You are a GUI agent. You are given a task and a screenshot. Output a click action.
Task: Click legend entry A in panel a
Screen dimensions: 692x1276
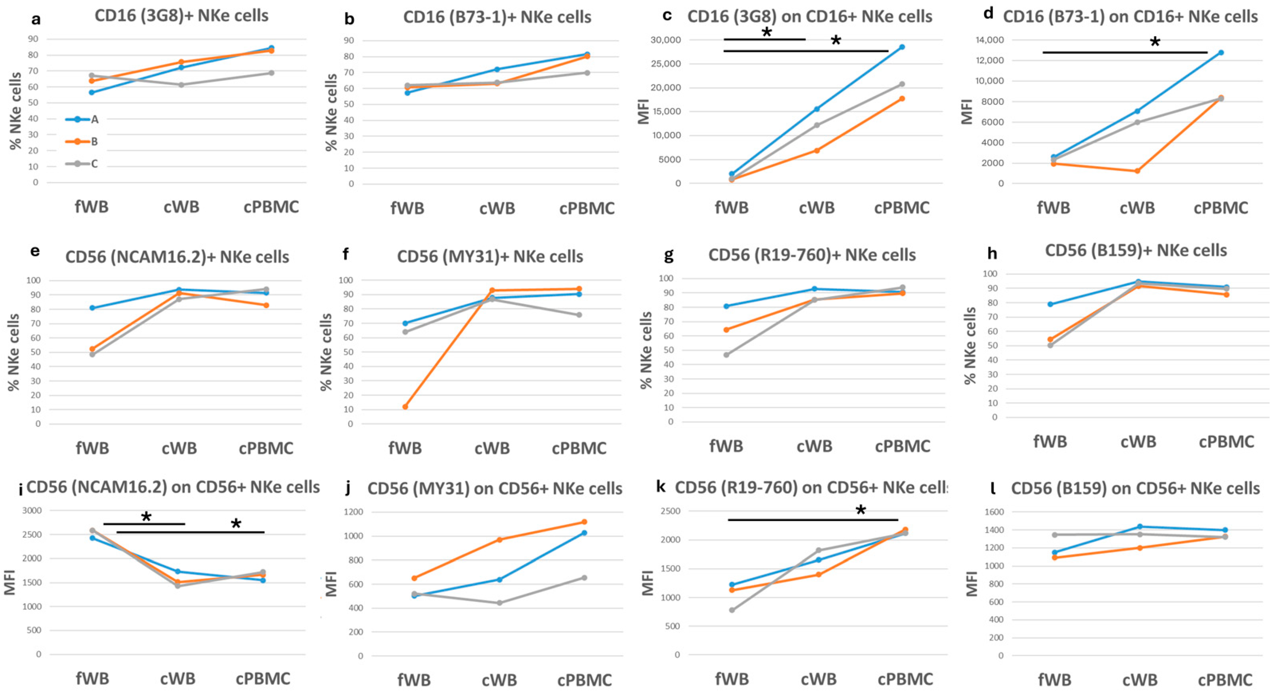tap(94, 119)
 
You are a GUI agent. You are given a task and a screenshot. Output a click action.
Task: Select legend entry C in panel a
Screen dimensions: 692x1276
tap(94, 163)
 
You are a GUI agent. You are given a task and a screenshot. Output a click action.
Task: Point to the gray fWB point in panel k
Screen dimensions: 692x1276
tap(731, 610)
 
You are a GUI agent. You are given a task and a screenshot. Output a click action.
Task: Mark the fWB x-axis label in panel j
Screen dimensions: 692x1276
tap(414, 680)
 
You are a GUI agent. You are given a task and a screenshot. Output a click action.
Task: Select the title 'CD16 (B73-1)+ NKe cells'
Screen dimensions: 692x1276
tap(497, 17)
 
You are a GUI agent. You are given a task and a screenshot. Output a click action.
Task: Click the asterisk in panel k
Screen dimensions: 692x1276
tap(861, 511)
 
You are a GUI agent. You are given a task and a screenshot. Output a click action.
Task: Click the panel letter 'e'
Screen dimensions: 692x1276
tap(35, 251)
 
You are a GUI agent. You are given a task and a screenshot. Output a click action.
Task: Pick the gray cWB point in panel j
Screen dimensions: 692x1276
tap(499, 603)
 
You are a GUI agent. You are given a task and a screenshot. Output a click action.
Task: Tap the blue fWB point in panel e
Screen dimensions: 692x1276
tap(92, 308)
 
